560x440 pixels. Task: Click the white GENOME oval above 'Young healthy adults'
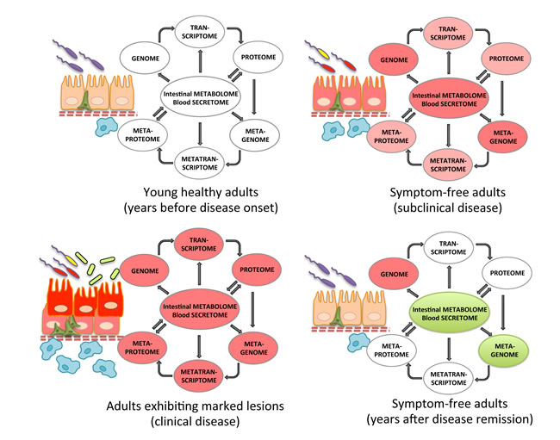click(x=145, y=59)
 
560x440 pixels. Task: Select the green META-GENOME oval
click(x=504, y=350)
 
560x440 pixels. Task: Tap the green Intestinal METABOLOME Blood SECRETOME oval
click(x=449, y=313)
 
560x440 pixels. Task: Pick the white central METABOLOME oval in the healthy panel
click(x=200, y=98)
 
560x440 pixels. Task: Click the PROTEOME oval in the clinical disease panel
click(x=257, y=270)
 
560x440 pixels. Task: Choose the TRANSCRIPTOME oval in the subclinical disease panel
click(x=448, y=34)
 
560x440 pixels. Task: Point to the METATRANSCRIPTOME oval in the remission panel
click(x=448, y=378)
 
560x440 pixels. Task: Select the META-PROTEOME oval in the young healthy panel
click(x=142, y=135)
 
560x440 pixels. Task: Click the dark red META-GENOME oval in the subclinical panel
click(x=503, y=137)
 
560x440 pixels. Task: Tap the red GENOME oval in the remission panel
click(x=394, y=274)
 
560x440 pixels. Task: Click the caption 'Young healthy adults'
click(x=201, y=192)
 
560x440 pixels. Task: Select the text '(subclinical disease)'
click(x=447, y=208)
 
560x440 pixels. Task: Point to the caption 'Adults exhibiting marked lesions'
click(x=195, y=406)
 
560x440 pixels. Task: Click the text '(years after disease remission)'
click(x=449, y=418)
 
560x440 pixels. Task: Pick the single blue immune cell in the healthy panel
click(x=106, y=127)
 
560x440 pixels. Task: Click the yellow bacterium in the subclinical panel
click(x=323, y=53)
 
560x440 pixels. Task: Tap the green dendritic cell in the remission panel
click(x=336, y=316)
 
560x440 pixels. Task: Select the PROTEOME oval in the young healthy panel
click(x=258, y=57)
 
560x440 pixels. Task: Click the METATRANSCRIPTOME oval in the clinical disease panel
click(x=198, y=376)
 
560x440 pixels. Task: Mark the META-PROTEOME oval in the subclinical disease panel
click(x=391, y=136)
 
